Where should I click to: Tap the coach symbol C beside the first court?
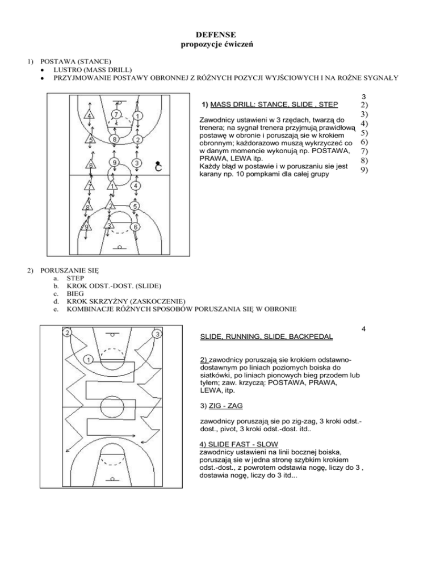(x=160, y=166)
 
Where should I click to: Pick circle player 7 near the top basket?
(x=115, y=116)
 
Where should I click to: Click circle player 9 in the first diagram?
(x=114, y=163)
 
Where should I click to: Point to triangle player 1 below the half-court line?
(x=114, y=186)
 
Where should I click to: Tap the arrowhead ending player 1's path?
(x=67, y=450)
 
